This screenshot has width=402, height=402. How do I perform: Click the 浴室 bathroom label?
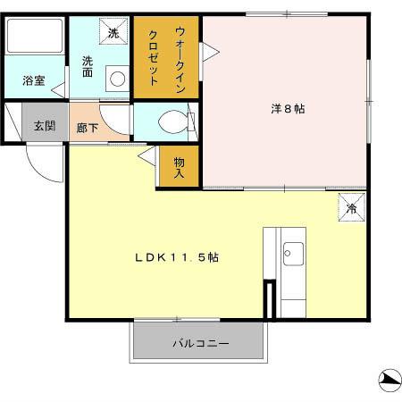32,80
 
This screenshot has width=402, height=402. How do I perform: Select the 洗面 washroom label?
88,65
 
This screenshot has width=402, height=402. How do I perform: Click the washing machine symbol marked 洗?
113,32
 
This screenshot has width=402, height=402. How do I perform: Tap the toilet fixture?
172,121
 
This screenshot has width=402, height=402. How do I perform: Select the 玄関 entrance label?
44,125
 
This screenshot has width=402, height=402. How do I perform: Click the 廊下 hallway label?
87,127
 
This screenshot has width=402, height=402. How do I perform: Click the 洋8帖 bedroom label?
288,109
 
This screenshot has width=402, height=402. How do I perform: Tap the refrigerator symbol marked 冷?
351,208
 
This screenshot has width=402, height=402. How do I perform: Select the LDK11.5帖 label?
177,257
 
